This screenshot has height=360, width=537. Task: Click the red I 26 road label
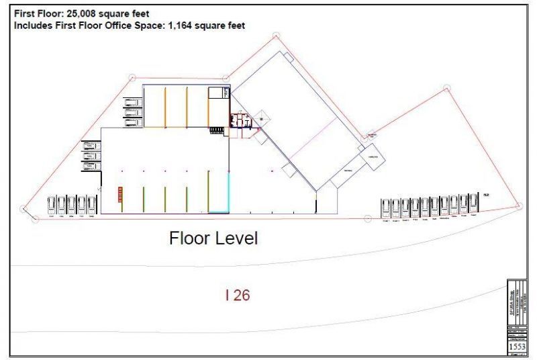coord(238,294)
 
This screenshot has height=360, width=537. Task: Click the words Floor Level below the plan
coord(213,238)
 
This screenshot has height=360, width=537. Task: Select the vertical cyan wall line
coord(230,193)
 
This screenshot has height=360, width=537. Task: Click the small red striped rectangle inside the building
coord(121,193)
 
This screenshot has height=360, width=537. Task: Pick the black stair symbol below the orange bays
coord(216,129)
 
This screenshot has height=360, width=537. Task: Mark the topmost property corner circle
coord(276,36)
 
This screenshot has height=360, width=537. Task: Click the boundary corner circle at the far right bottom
coord(518,206)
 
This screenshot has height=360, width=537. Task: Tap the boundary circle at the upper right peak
coord(446,87)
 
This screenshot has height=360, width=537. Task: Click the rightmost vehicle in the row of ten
coord(473,206)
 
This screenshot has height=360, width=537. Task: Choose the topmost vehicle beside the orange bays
coord(132,103)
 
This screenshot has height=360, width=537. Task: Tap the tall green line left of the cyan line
coord(208,191)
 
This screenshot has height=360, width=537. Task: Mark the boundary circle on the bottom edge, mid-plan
coord(367,218)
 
